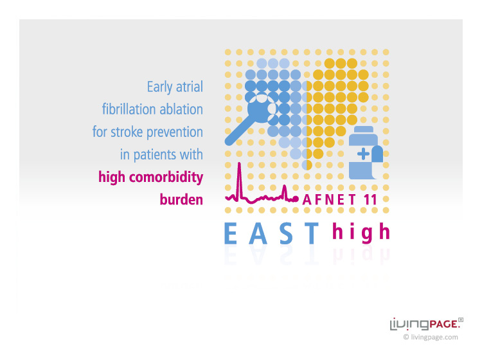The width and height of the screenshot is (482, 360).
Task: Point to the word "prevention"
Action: tap(175, 132)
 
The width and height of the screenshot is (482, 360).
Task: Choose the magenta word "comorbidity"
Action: tap(166, 177)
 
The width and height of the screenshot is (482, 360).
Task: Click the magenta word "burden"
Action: tap(181, 199)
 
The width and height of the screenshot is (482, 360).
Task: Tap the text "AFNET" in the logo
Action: tap(329, 200)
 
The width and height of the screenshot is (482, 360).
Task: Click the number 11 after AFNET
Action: tap(370, 200)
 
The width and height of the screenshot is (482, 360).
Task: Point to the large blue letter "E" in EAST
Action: tap(231, 233)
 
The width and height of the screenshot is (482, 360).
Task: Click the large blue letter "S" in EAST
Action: tap(287, 233)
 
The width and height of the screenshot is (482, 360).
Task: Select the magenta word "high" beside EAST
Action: tap(361, 233)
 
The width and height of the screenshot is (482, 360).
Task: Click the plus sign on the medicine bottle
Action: tap(363, 154)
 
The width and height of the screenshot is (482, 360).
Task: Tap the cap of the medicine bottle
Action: tap(363, 129)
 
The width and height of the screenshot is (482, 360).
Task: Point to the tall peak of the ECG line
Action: tap(240, 163)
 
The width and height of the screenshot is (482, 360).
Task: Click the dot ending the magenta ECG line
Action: tap(296, 199)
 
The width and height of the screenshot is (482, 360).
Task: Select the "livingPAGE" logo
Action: tap(427, 324)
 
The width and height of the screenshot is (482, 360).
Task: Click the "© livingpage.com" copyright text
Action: tap(431, 337)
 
